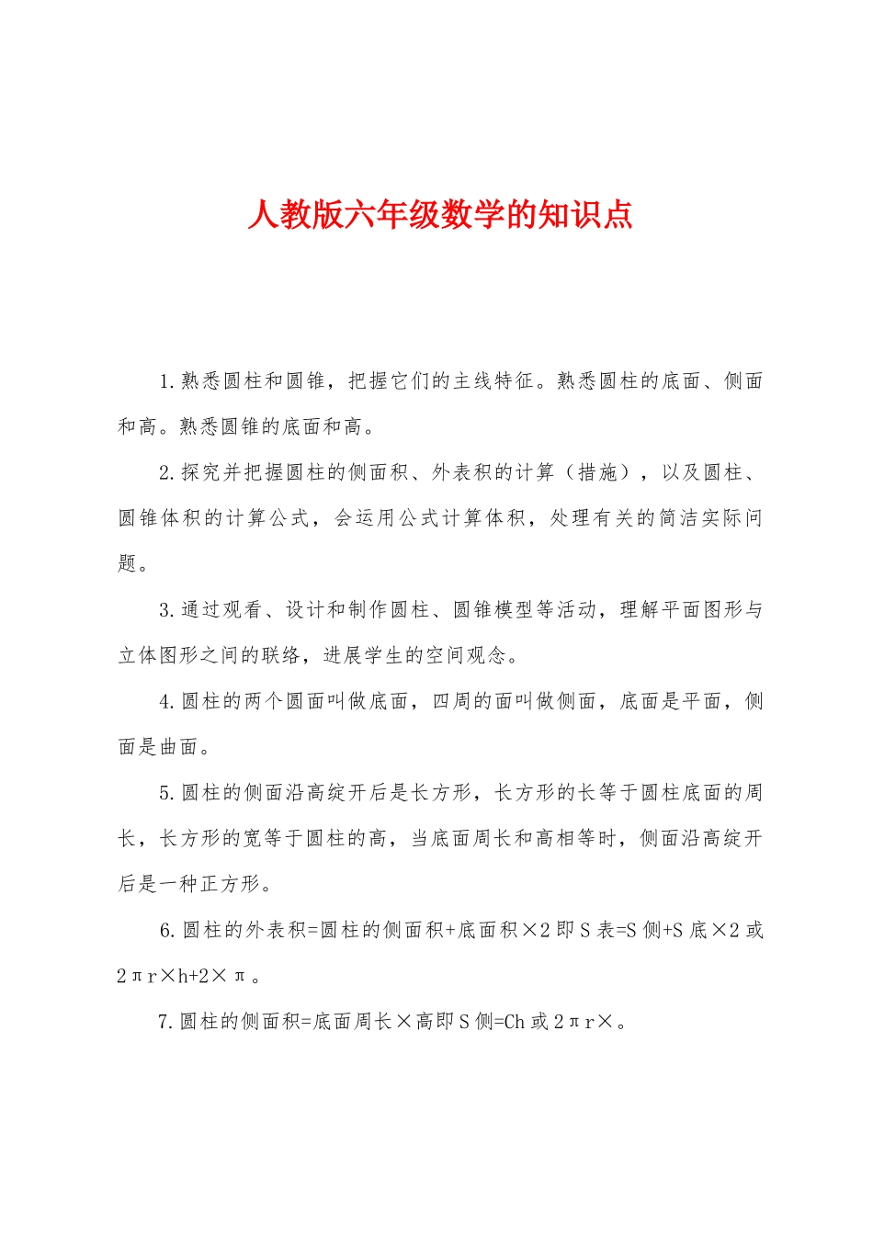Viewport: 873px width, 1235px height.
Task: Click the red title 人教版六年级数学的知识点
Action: coord(439,215)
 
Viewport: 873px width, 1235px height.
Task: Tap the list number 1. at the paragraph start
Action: coord(166,381)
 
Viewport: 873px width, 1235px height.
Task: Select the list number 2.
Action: coord(166,473)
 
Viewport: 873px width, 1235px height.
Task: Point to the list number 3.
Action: coord(166,610)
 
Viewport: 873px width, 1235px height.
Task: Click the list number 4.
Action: coord(166,702)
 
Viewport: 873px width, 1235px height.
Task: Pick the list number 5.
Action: coord(166,793)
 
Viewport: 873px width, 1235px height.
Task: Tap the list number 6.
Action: coord(166,931)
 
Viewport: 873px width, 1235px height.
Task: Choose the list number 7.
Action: coord(165,1022)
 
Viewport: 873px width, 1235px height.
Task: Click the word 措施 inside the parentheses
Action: coord(598,473)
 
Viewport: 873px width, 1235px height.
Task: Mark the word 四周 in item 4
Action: coord(452,702)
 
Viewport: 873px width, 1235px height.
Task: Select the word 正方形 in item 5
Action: coord(231,884)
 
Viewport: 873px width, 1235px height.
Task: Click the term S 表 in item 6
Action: coord(597,931)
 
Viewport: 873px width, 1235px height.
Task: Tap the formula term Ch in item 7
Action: coord(514,1022)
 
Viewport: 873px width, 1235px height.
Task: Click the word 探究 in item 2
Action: coord(201,473)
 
